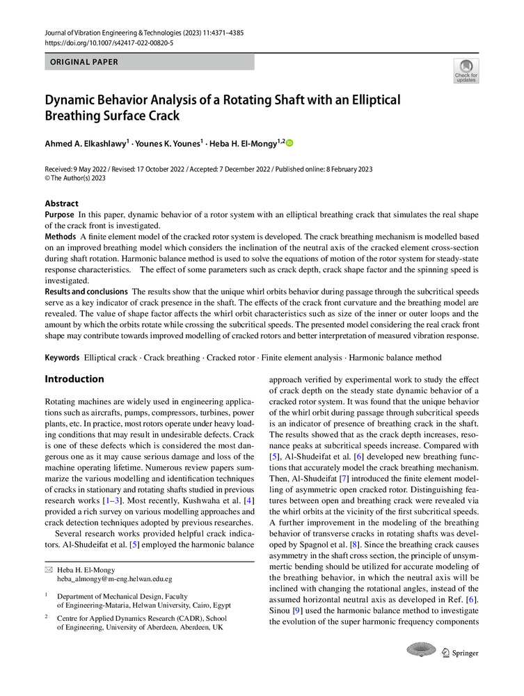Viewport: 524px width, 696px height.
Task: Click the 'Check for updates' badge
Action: click(x=466, y=71)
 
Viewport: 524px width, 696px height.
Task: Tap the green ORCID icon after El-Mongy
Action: click(x=290, y=143)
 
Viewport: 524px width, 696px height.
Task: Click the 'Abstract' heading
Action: click(x=62, y=204)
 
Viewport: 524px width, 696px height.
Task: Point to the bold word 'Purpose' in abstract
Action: click(x=60, y=216)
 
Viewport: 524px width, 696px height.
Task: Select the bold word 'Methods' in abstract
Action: click(x=61, y=237)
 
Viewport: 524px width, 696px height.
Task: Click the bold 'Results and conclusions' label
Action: click(x=86, y=291)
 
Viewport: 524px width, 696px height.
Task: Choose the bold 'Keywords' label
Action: click(x=63, y=358)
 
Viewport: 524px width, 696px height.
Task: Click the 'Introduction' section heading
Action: click(x=74, y=379)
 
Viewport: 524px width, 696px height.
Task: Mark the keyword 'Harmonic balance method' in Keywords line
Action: click(x=396, y=358)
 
